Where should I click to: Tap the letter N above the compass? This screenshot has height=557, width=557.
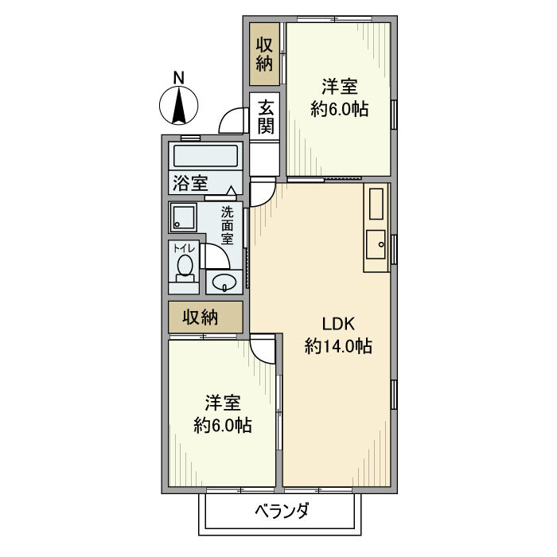(x=180, y=77)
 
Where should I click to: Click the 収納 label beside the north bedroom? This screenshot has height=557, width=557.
(x=265, y=54)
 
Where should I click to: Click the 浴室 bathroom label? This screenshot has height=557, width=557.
(x=189, y=182)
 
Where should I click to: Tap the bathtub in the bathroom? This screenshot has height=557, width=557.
(x=205, y=155)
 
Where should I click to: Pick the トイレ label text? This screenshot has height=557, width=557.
(x=185, y=247)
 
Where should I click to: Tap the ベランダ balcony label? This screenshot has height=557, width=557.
(x=282, y=511)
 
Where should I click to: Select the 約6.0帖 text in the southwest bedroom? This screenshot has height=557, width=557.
(x=223, y=425)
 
